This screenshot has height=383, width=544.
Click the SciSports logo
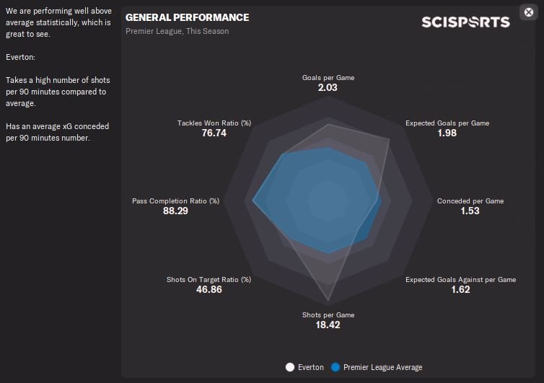pyautogui.click(x=465, y=22)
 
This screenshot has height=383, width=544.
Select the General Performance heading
pyautogui.click(x=187, y=17)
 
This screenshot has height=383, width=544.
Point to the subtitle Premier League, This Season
pyautogui.click(x=177, y=32)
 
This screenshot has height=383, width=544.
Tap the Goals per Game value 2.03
pyautogui.click(x=328, y=87)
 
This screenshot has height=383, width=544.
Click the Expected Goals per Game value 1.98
pyautogui.click(x=447, y=133)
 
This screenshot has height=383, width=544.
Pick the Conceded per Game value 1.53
pyautogui.click(x=470, y=211)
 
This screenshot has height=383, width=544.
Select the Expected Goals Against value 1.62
pyautogui.click(x=460, y=289)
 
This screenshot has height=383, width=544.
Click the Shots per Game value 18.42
pyautogui.click(x=328, y=325)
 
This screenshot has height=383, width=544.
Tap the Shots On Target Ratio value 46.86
pyautogui.click(x=209, y=289)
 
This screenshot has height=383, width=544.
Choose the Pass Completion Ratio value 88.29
pyautogui.click(x=175, y=211)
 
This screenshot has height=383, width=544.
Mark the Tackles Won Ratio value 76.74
pyautogui.click(x=214, y=133)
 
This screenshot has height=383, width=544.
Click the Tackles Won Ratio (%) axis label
pyautogui.click(x=214, y=123)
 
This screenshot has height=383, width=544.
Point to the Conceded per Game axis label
pyautogui.click(x=470, y=201)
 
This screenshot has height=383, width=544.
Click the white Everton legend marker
pyautogui.click(x=291, y=367)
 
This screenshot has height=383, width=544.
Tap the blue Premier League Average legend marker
pyautogui.click(x=335, y=367)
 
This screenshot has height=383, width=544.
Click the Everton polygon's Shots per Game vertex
pyautogui.click(x=328, y=300)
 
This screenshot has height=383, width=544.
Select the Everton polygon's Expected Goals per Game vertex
pyautogui.click(x=390, y=140)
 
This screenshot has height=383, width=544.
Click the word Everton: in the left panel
pyautogui.click(x=20, y=56)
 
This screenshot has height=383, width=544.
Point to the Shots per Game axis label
pyautogui.click(x=328, y=315)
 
